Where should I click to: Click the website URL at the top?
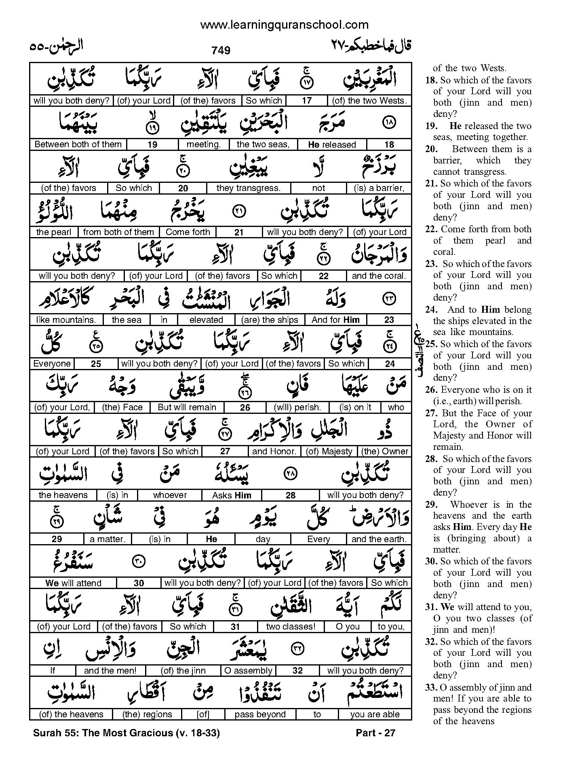(x=284, y=25)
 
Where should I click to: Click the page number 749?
(x=221, y=50)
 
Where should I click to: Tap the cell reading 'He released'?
(x=332, y=144)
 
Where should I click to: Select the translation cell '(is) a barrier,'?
(x=379, y=188)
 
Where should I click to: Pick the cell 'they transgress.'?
(x=248, y=188)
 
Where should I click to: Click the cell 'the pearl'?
(x=54, y=232)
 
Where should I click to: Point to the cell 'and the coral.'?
(x=379, y=276)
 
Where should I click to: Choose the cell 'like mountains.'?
(x=66, y=320)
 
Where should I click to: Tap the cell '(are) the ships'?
(x=270, y=320)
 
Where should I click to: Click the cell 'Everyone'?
(x=52, y=364)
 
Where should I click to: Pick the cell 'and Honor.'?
(x=274, y=451)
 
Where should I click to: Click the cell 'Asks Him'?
(x=232, y=495)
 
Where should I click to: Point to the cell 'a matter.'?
(x=108, y=539)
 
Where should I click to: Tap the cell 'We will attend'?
(x=73, y=583)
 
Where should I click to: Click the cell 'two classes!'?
(x=290, y=627)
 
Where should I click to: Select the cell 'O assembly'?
(x=248, y=670)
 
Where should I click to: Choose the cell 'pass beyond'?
(x=260, y=714)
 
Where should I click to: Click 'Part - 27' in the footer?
(x=375, y=733)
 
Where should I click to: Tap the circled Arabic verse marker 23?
(x=389, y=299)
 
